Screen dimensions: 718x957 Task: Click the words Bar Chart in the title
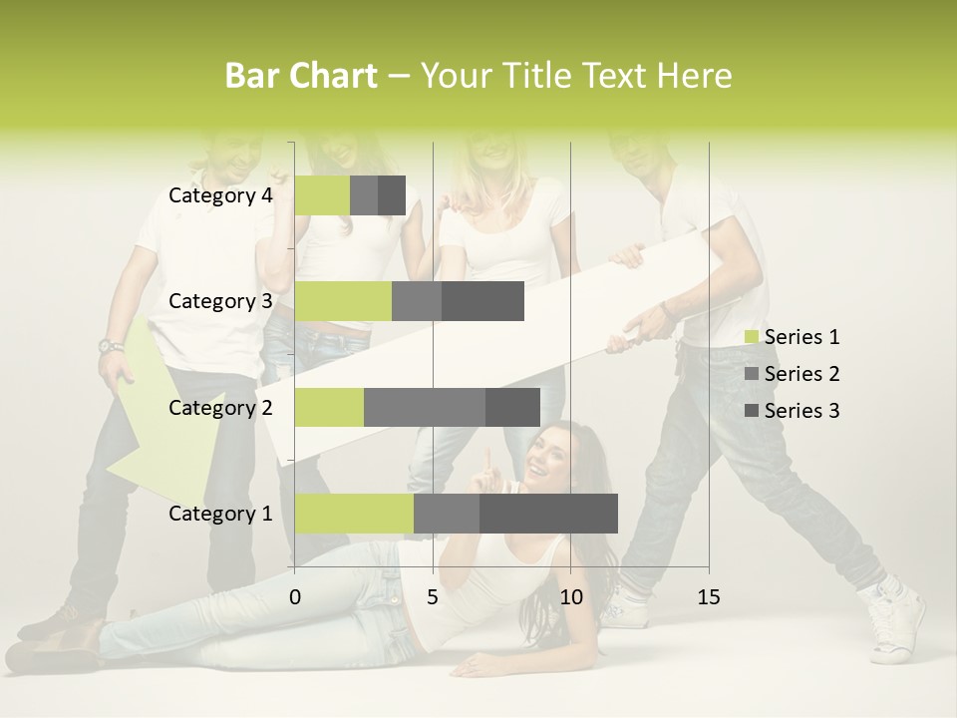301,76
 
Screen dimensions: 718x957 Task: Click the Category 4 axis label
220,195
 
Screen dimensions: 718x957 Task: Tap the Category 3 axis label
220,301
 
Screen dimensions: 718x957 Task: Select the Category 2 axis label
220,408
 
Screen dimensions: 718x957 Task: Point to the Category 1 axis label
220,514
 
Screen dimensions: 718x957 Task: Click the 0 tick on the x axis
295,597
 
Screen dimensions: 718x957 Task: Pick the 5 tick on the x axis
433,597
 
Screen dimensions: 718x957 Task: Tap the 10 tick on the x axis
570,597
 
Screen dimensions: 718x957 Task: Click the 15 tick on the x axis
708,597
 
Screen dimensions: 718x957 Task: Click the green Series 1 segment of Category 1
354,514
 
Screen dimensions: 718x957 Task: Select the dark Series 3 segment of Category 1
548,514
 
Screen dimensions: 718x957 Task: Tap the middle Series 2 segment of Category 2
425,408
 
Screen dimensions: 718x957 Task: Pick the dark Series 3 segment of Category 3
482,301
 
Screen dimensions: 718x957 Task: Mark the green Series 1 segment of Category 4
322,195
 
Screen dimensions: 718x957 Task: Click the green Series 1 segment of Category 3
343,301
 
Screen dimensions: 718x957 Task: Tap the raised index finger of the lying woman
486,460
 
